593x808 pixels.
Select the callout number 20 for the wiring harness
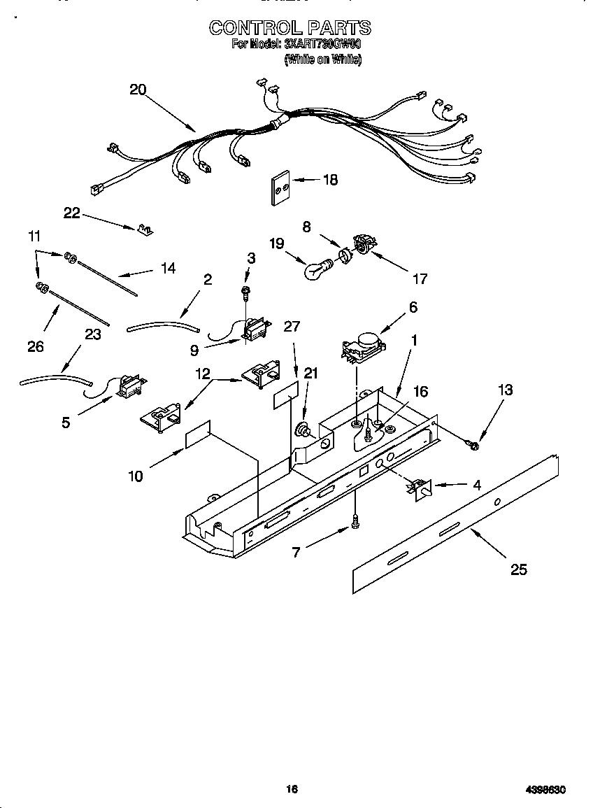click(138, 90)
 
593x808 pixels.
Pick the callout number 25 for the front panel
click(518, 569)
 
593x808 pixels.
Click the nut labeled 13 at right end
click(473, 446)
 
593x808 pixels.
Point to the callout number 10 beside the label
click(136, 476)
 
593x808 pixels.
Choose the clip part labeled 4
click(419, 488)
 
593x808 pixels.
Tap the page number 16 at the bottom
click(292, 789)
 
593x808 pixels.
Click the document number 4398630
click(545, 789)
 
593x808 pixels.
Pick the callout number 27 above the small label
click(292, 326)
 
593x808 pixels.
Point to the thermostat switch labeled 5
click(131, 385)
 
